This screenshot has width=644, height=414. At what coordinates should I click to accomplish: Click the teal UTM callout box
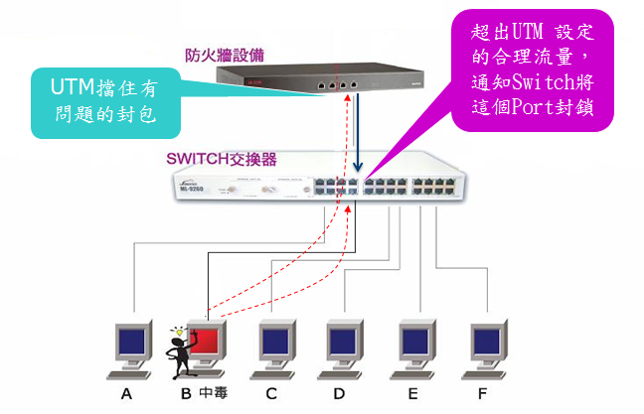(x=103, y=103)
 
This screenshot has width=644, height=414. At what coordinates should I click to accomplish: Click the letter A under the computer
(x=126, y=394)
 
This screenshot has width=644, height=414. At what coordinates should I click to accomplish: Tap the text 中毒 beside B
(x=213, y=394)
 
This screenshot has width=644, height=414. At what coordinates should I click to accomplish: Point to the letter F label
(x=482, y=394)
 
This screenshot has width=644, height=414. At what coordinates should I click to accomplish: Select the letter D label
(x=339, y=394)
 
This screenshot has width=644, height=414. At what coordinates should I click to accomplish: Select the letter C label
(x=269, y=394)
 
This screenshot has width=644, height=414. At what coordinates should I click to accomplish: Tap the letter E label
(x=411, y=394)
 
